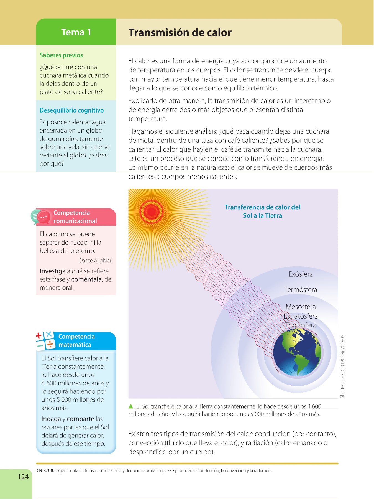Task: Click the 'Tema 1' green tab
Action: (76, 32)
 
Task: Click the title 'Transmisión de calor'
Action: (180, 33)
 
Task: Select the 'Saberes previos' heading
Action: (61, 55)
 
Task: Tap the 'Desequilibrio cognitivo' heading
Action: (71, 110)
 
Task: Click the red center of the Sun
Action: (151, 211)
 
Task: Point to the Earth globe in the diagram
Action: (297, 353)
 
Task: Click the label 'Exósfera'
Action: (300, 274)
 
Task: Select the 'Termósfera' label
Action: (300, 290)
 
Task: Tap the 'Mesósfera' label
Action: (300, 307)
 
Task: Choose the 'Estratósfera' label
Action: (300, 316)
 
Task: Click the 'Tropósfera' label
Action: (301, 325)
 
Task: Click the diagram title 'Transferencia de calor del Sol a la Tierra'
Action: (262, 211)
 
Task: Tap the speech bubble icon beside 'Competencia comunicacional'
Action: (40, 217)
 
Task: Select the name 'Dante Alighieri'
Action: (96, 261)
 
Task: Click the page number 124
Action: (23, 477)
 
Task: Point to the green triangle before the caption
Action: (131, 406)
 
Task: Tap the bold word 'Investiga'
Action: (52, 271)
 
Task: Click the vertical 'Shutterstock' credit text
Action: (343, 366)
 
